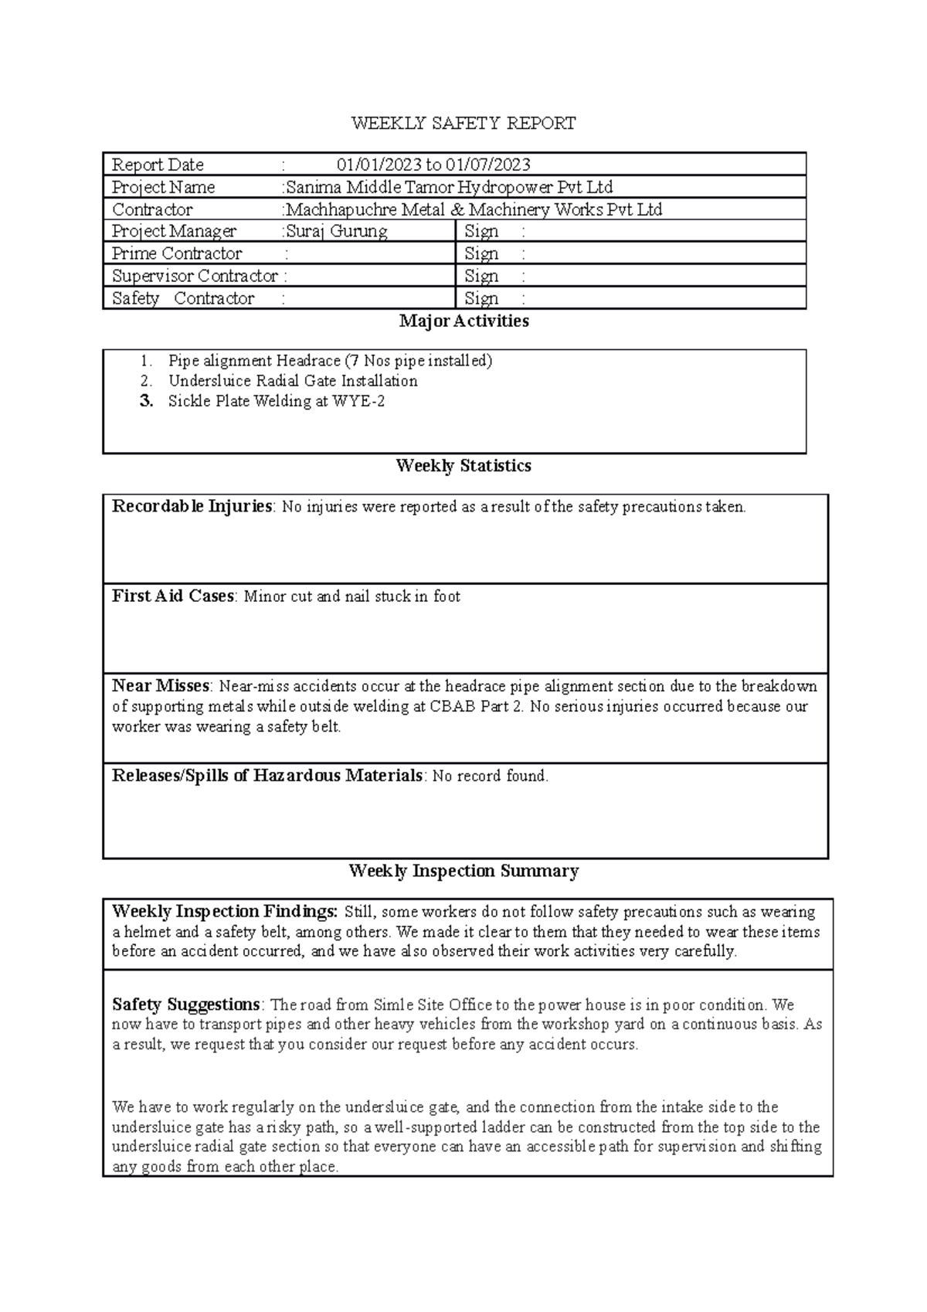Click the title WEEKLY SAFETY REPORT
tap(463, 124)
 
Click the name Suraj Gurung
tap(337, 231)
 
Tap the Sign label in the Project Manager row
tap(481, 231)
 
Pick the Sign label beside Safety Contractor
tap(481, 298)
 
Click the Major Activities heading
tap(463, 321)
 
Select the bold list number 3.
tap(147, 401)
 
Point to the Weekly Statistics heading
tap(463, 466)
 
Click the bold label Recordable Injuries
tap(192, 507)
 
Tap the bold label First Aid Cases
tap(173, 596)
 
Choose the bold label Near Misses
tap(161, 686)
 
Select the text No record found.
tap(490, 776)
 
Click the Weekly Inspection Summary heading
tap(463, 872)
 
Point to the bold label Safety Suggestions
tap(185, 1004)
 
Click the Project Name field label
tap(164, 187)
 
